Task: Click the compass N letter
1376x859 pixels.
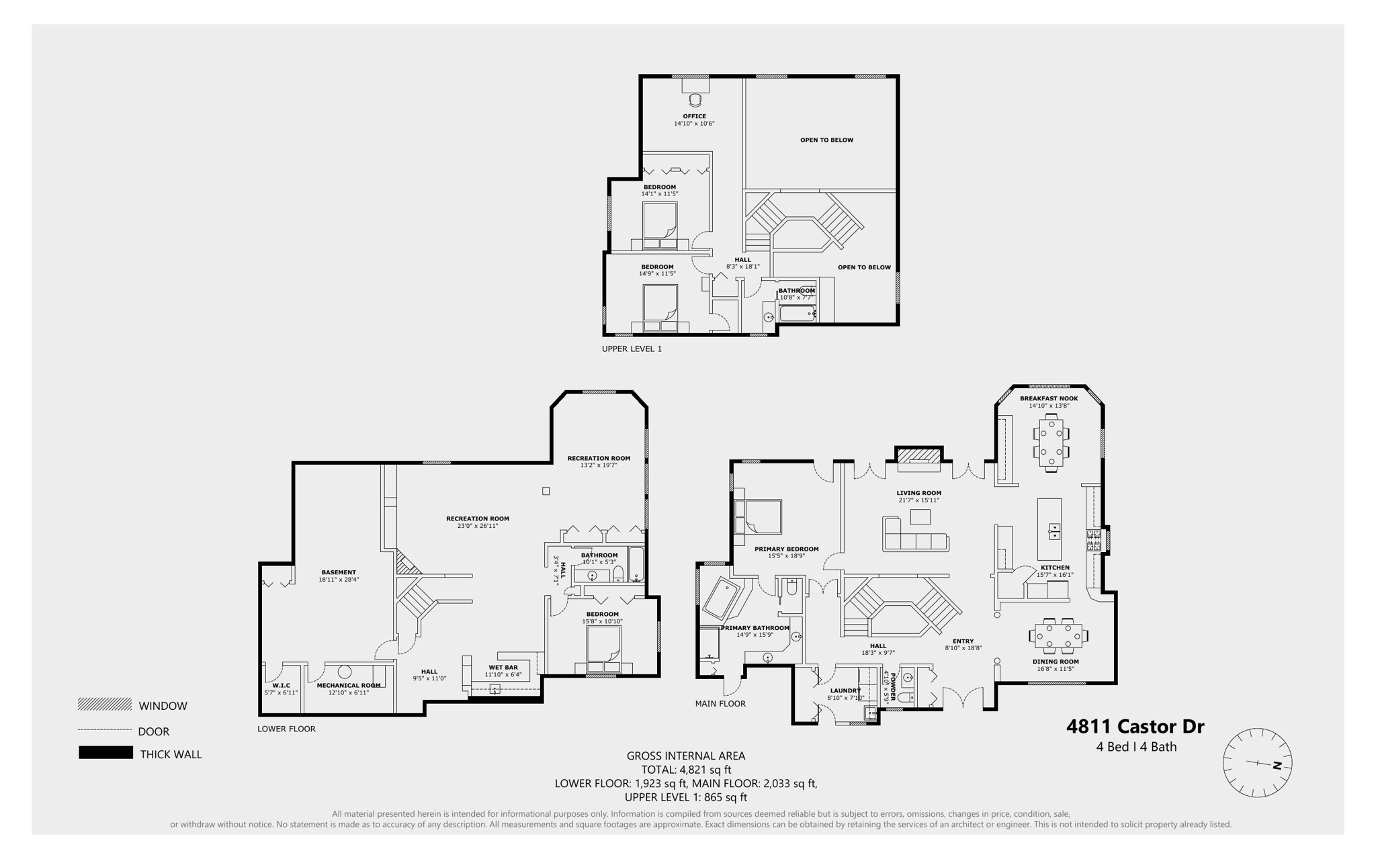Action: pos(1277,766)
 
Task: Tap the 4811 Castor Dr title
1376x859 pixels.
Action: pos(1135,727)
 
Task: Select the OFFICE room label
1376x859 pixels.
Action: pos(694,116)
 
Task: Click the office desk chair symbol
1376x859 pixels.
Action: pos(695,100)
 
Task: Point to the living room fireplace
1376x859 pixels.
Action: pos(918,456)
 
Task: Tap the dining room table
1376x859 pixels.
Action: pos(1058,635)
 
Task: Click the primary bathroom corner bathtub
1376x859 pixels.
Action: pos(721,597)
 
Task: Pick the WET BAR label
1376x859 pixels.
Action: pos(503,668)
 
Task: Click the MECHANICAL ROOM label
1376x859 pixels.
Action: pos(349,686)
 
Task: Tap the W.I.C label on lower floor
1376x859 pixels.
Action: pos(281,686)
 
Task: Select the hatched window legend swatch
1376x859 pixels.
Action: pos(104,705)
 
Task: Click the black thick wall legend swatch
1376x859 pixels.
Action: pos(105,753)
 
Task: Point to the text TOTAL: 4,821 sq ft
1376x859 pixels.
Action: pos(686,770)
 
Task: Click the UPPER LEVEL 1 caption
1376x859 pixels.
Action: pos(632,349)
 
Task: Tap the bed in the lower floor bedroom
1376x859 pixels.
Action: pos(603,648)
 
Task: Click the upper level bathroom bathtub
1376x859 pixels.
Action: pos(797,314)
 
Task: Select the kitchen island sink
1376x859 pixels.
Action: pos(1054,531)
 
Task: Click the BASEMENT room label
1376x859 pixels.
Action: pos(338,572)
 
